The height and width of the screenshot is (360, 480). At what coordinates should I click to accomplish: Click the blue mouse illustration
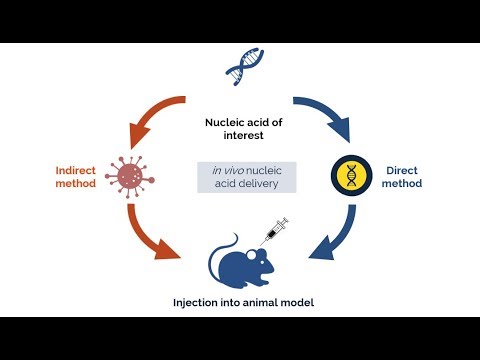tap(241, 260)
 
